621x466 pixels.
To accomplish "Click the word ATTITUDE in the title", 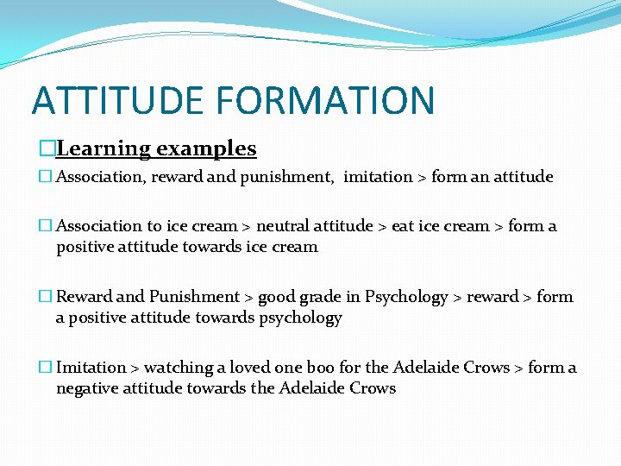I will click(x=117, y=100).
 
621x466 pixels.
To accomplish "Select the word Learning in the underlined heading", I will click(x=103, y=149).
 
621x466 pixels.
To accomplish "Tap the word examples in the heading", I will click(x=206, y=149).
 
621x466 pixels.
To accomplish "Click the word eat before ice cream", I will click(x=403, y=226).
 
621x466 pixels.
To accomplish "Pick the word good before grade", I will click(x=277, y=297).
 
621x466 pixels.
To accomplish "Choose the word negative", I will click(x=87, y=388).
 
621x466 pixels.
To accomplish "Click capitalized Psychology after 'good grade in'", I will click(x=406, y=297).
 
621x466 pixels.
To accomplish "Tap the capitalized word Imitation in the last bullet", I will click(x=91, y=368).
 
